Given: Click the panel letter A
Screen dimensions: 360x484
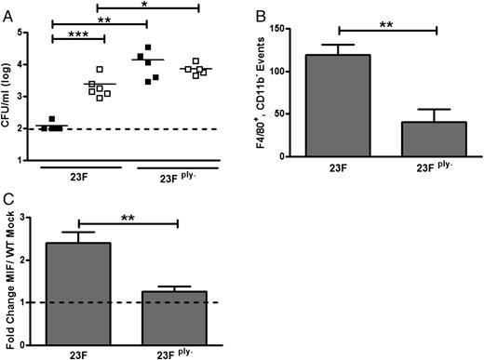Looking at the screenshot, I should click(7, 7).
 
